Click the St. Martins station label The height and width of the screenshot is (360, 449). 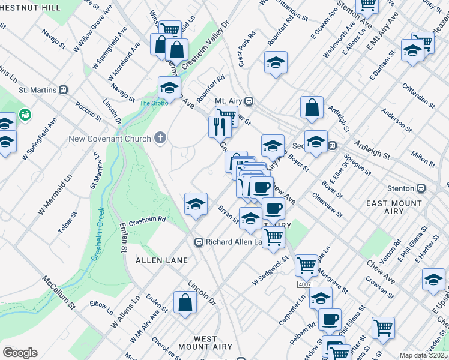coord(37,90)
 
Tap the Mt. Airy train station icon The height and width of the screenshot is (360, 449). coord(248,101)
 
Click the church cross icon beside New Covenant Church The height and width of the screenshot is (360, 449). coord(160,139)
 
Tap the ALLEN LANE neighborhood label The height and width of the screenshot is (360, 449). coord(161,260)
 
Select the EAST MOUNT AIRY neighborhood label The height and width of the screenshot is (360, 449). coord(394,208)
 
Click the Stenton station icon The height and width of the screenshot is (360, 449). coord(421,187)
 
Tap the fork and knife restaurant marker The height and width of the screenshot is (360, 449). coord(220,127)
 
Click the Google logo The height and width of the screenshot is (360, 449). coord(20,353)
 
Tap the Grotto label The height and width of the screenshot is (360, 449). coord(154,103)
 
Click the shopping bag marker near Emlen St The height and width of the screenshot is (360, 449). coord(185,303)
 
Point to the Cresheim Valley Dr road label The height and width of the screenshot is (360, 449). coord(208,46)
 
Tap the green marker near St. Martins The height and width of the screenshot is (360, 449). coord(25,113)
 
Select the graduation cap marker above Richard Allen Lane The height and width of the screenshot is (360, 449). coord(196,204)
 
